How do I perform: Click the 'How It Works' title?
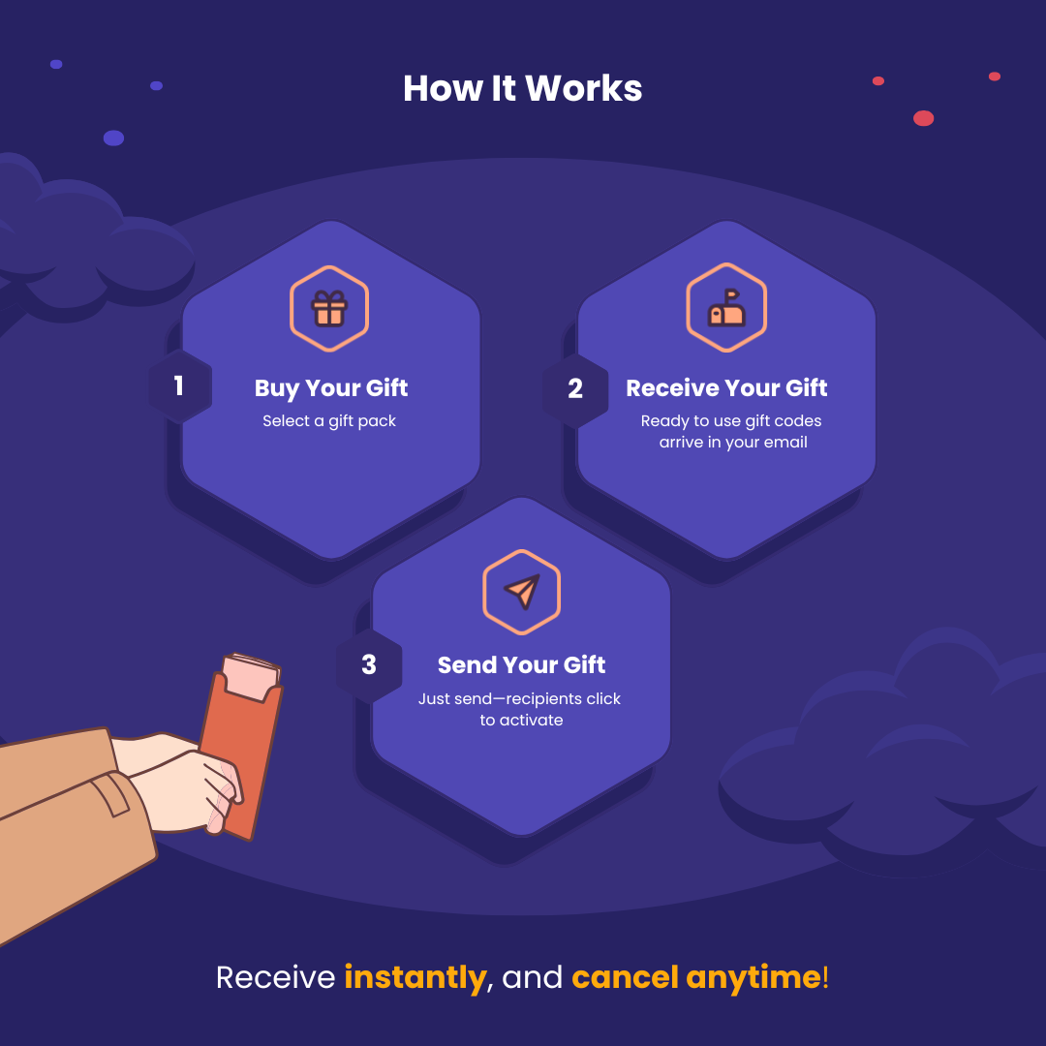(x=522, y=88)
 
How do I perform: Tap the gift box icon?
(x=329, y=308)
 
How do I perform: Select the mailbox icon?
(x=726, y=308)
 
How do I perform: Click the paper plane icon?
(x=521, y=591)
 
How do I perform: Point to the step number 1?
(x=179, y=386)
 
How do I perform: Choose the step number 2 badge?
(x=575, y=388)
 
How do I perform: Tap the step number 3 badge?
(x=369, y=665)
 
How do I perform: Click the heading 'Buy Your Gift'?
(x=331, y=388)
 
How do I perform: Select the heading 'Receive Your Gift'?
(x=726, y=388)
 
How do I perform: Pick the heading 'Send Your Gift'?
(x=521, y=665)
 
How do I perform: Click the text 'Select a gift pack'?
(x=329, y=421)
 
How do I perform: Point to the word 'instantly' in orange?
(x=415, y=977)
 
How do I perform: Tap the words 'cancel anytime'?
(x=695, y=977)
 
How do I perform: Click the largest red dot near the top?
(x=923, y=118)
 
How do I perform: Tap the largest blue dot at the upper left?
(x=113, y=138)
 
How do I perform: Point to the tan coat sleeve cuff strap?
(x=108, y=794)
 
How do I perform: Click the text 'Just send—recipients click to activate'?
(x=520, y=709)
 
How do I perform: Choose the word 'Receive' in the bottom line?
(x=276, y=977)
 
